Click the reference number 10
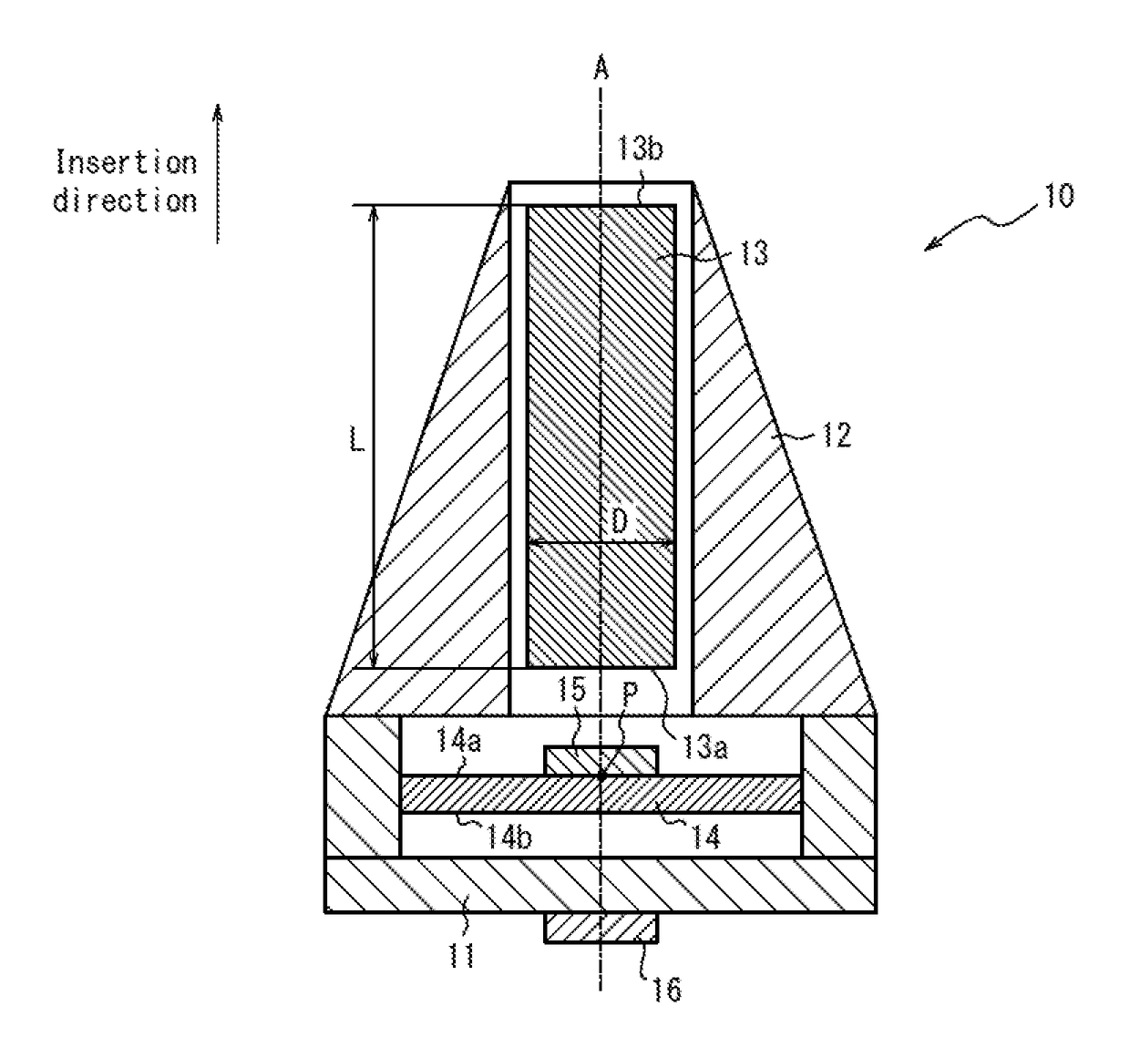pyautogui.click(x=1058, y=195)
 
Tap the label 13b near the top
pyautogui.click(x=640, y=149)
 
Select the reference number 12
pyautogui.click(x=836, y=436)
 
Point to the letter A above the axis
pyautogui.click(x=601, y=67)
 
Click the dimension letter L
pyautogui.click(x=356, y=439)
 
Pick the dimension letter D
pyautogui.click(x=620, y=520)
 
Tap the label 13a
pyautogui.click(x=705, y=746)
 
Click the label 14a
pyautogui.click(x=458, y=741)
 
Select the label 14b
pyautogui.click(x=508, y=837)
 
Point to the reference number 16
pyautogui.click(x=667, y=990)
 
